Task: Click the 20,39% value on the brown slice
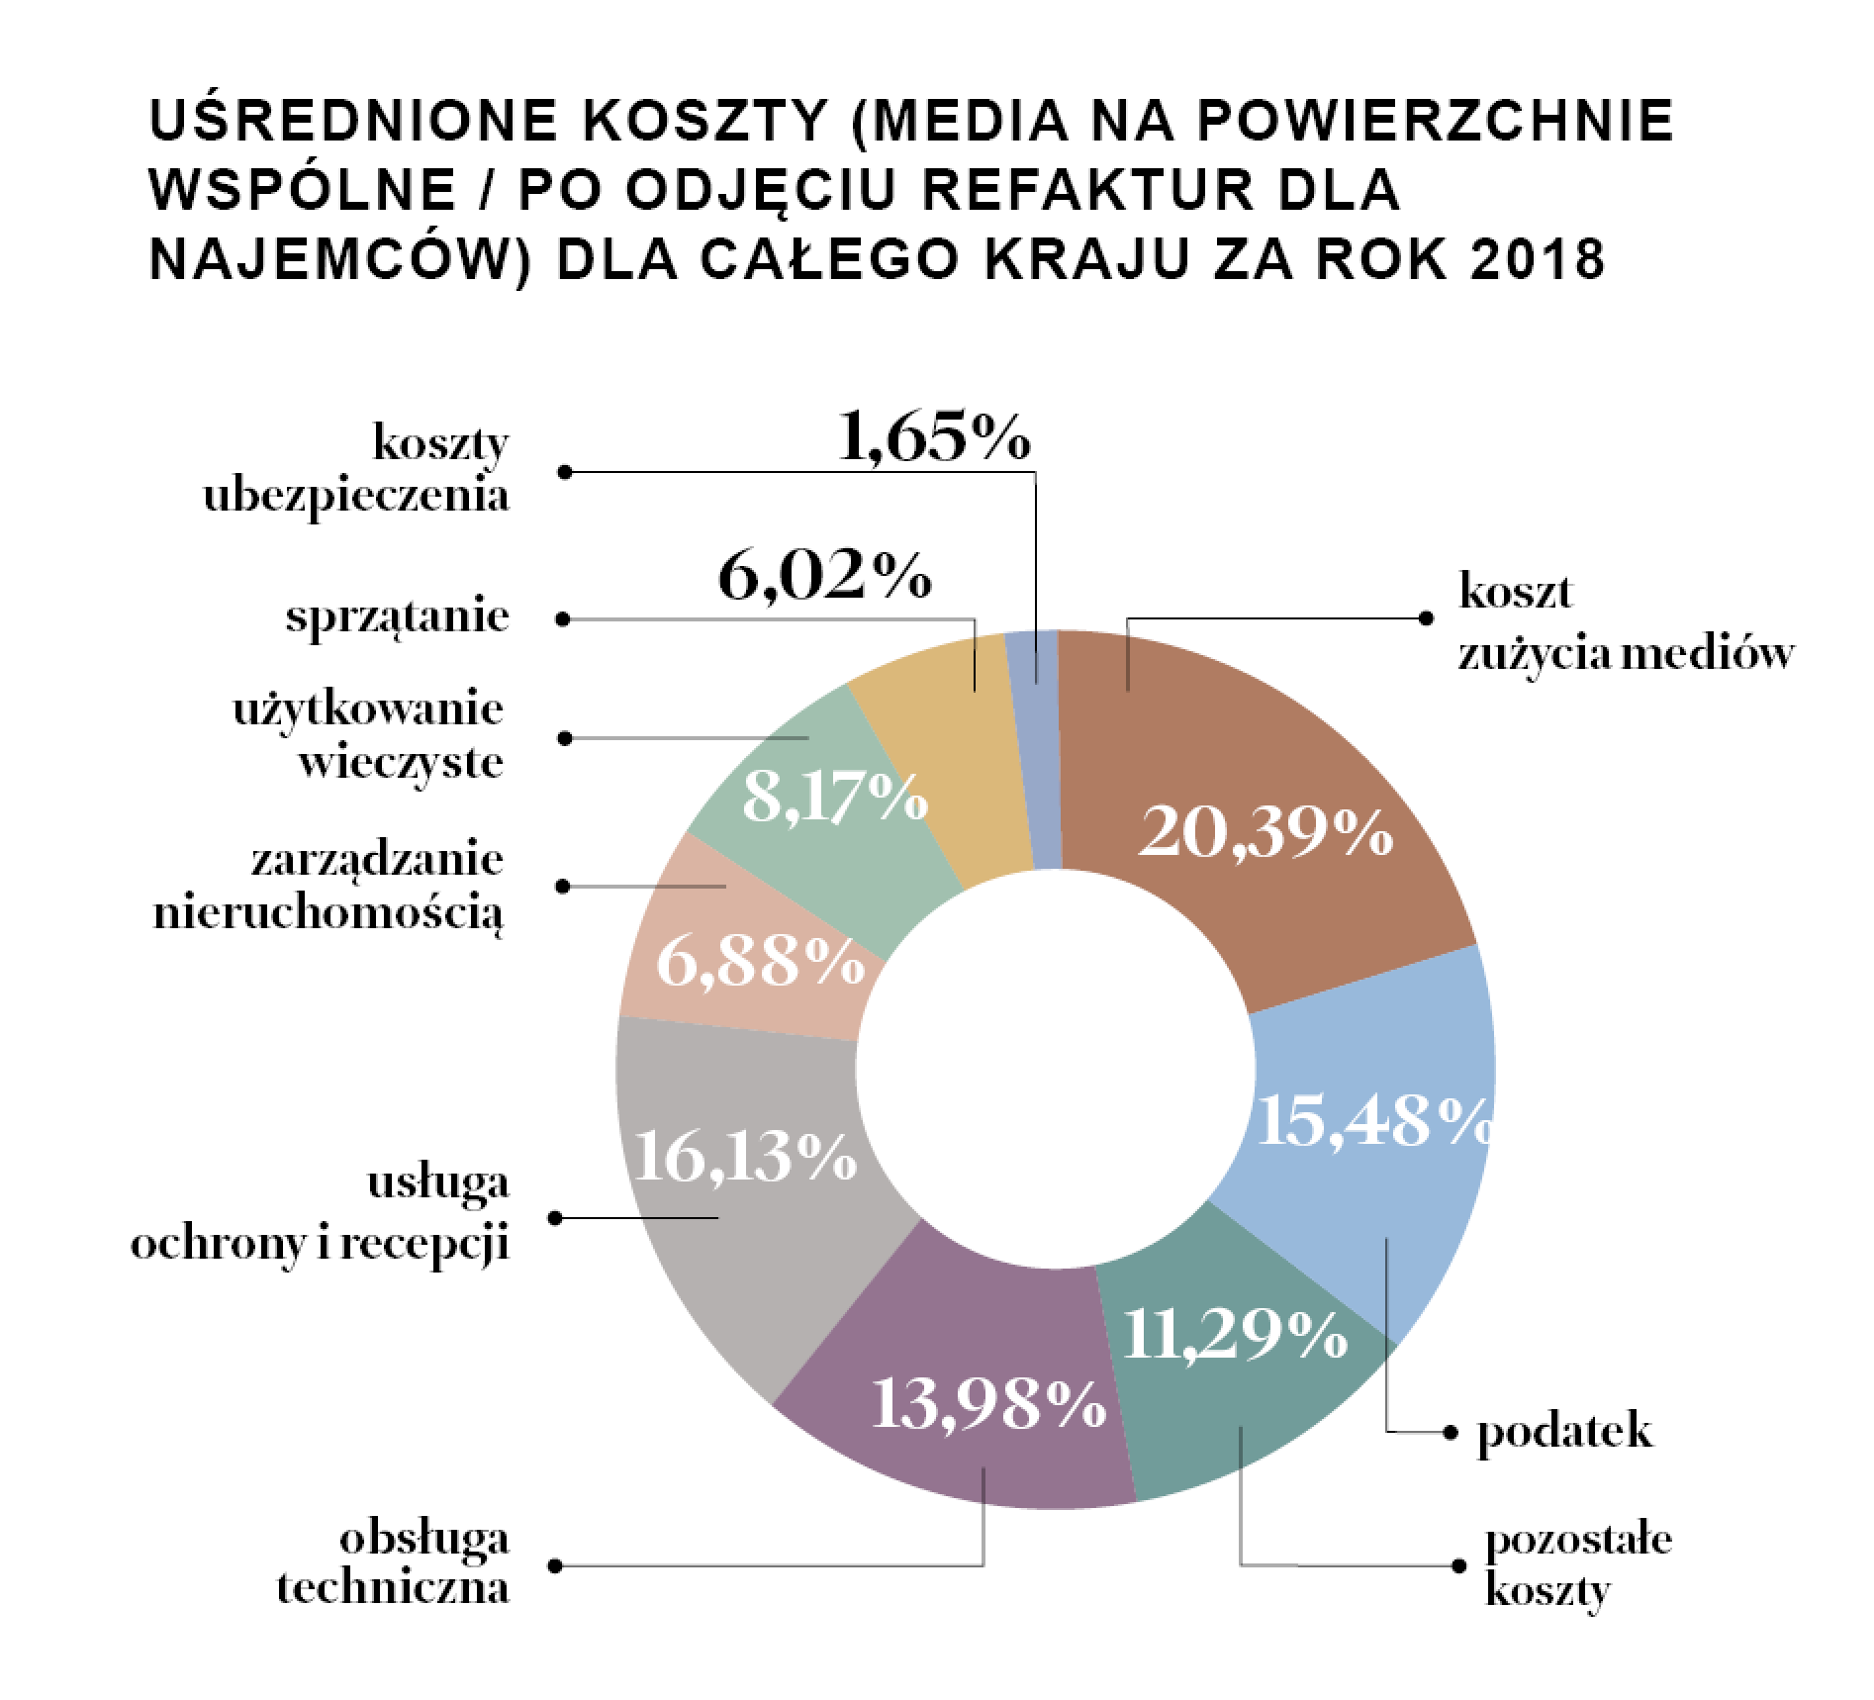1265,834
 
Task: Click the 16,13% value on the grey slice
744,1156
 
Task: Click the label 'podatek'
1564,1432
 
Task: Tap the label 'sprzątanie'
398,618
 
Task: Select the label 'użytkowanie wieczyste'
368,737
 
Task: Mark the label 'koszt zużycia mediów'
1623,623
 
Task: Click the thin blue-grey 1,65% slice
1035,752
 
